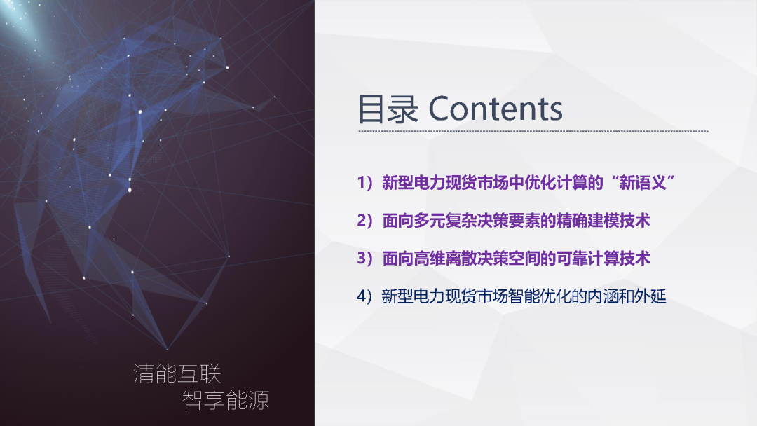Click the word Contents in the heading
[x=495, y=109]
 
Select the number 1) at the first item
[x=366, y=184]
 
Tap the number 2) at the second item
[x=366, y=221]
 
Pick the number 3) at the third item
[x=366, y=259]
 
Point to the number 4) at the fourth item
[x=366, y=296]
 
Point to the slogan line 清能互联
[x=177, y=373]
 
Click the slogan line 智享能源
[x=226, y=400]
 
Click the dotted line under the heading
[x=533, y=131]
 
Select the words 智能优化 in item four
[x=524, y=296]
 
